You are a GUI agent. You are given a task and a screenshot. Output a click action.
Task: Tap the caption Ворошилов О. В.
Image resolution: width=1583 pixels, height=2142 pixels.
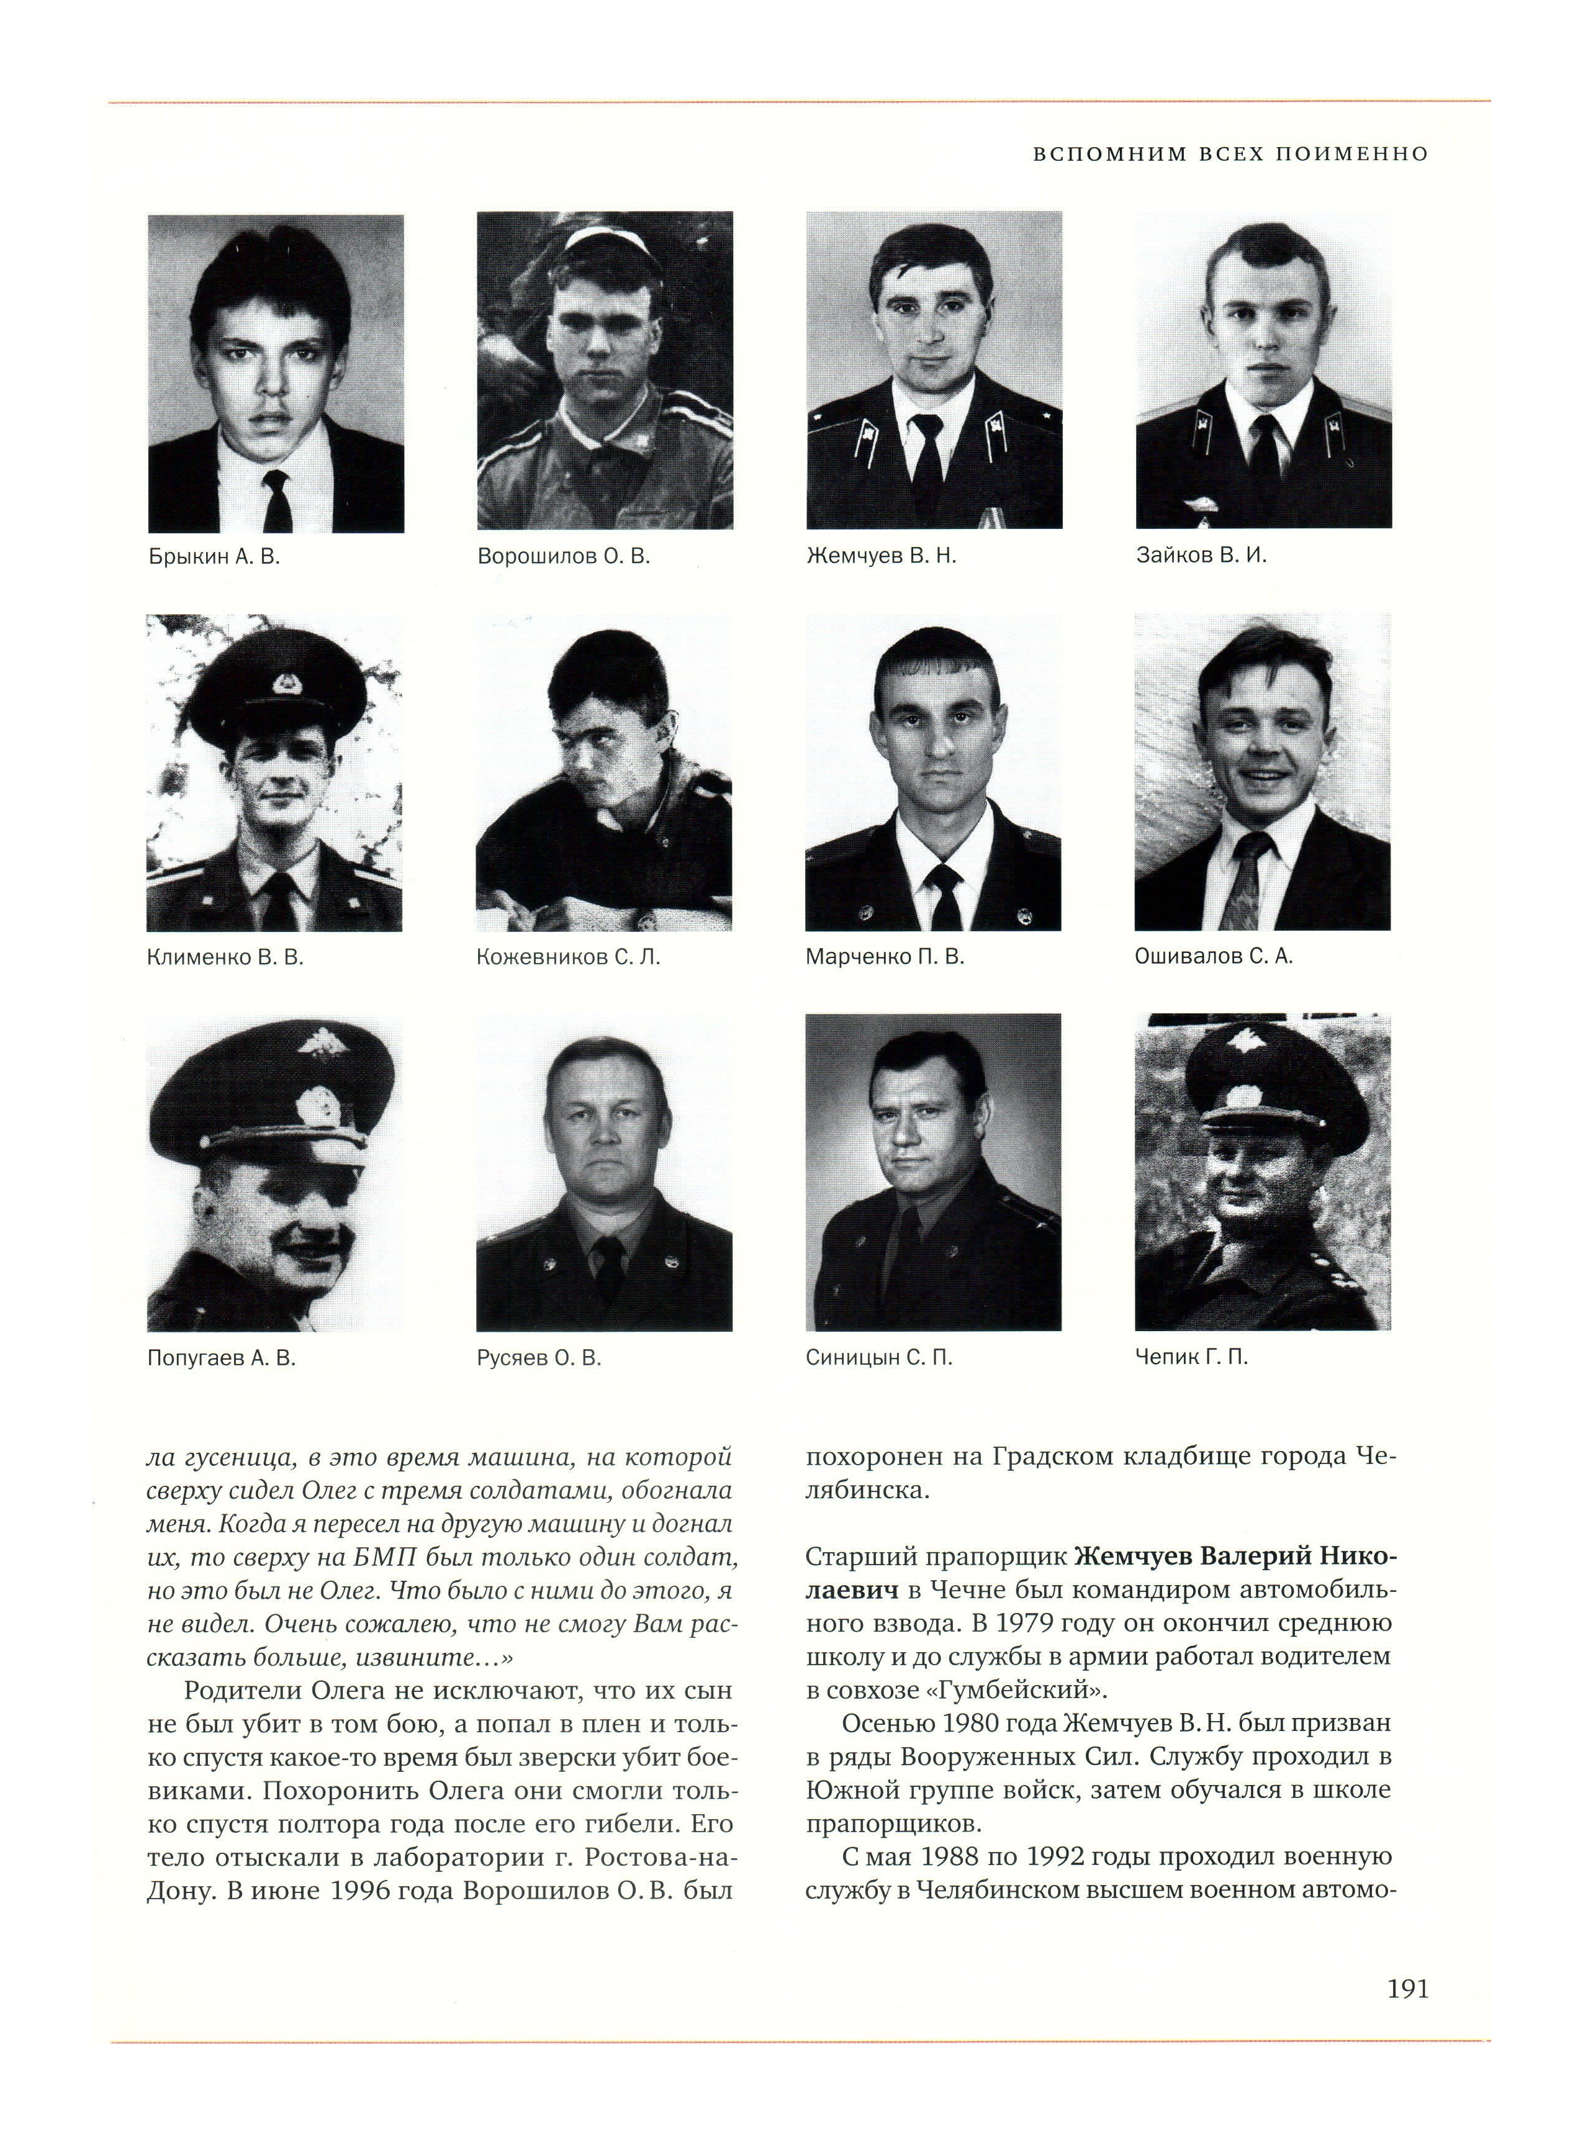coord(564,557)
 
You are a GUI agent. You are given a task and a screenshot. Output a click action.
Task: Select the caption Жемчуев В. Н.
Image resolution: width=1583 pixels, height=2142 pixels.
coord(882,556)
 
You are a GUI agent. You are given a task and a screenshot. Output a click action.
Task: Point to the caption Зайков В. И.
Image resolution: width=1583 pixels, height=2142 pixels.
coord(1201,556)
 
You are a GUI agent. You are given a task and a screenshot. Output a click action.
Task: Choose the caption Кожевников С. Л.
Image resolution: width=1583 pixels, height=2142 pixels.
coord(568,957)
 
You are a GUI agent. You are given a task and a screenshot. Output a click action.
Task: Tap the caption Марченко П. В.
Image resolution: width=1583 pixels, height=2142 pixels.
coord(885,957)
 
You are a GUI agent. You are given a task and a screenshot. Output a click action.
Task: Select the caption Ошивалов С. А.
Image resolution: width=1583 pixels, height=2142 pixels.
coord(1213,957)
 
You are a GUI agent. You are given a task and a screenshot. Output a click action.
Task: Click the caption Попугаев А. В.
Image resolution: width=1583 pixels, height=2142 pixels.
coord(222,1358)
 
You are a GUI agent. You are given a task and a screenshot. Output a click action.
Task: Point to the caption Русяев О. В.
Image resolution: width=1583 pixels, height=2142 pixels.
coord(538,1358)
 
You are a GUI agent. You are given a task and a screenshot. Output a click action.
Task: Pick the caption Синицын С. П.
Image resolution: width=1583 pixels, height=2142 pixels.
coord(878,1358)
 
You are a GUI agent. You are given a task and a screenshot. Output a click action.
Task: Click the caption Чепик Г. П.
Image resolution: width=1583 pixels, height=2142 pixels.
coord(1191,1357)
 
